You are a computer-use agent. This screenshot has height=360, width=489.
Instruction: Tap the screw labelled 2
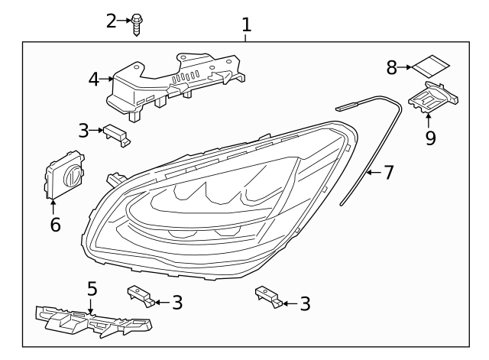(137, 23)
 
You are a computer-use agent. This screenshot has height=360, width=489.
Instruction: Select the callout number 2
(112, 21)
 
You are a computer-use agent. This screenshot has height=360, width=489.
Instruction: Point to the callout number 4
(92, 78)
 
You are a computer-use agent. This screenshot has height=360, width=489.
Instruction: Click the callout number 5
(92, 289)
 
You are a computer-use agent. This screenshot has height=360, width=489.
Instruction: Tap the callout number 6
(54, 225)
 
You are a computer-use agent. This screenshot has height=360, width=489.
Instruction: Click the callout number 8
(392, 68)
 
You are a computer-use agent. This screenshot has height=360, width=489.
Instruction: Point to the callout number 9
(430, 138)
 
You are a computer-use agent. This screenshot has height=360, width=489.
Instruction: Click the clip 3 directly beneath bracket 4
(118, 135)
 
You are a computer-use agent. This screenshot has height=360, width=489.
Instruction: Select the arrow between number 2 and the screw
(125, 21)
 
